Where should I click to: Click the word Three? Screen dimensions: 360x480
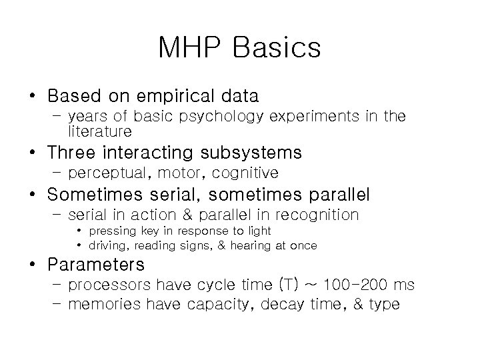click(71, 153)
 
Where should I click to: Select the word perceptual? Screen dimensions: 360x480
click(107, 173)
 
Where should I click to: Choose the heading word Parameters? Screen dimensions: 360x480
click(96, 264)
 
